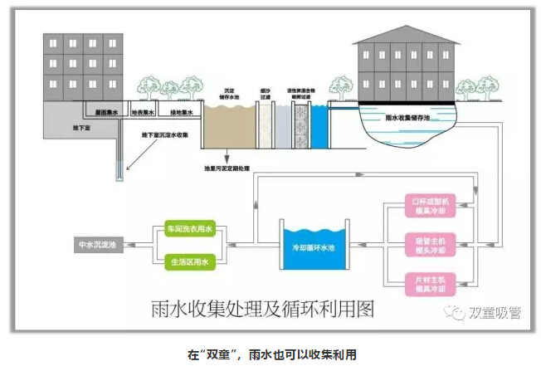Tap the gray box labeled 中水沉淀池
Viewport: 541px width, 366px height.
[98, 245]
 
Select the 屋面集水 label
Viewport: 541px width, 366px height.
[105, 112]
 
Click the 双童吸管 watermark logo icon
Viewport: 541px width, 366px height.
[456, 312]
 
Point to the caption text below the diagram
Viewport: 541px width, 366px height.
[270, 353]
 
